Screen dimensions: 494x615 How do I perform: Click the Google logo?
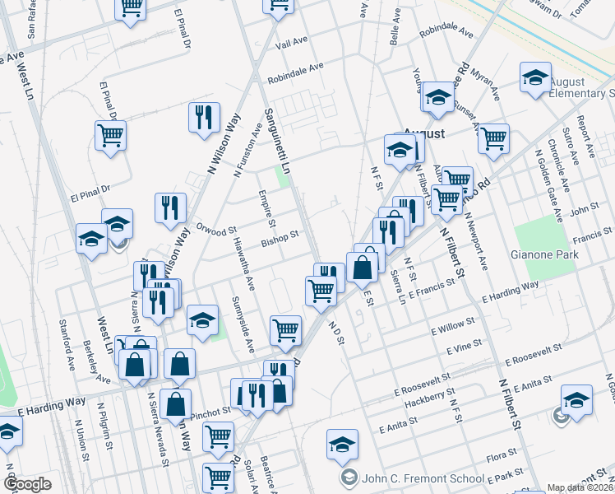tap(27, 483)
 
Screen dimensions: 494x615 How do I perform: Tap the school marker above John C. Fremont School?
tap(342, 445)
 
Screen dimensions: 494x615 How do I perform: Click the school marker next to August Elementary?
tap(535, 78)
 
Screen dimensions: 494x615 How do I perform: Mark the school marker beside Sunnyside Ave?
tap(201, 321)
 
